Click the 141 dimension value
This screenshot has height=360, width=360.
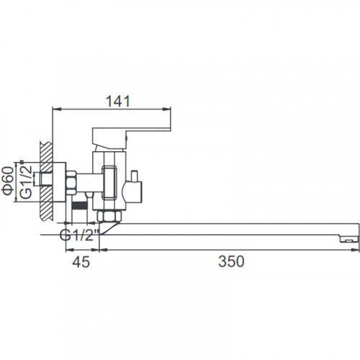point(118,101)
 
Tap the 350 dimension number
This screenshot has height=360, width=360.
point(231,261)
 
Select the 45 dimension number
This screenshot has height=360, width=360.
point(81,261)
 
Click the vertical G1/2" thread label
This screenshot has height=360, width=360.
point(26,179)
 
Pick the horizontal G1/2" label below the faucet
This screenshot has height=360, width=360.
point(79,235)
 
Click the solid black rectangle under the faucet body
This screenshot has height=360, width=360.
point(79,206)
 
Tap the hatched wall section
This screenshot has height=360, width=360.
point(46,181)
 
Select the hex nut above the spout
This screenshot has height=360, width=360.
point(109,216)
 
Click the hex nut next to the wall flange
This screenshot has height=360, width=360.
point(71,182)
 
